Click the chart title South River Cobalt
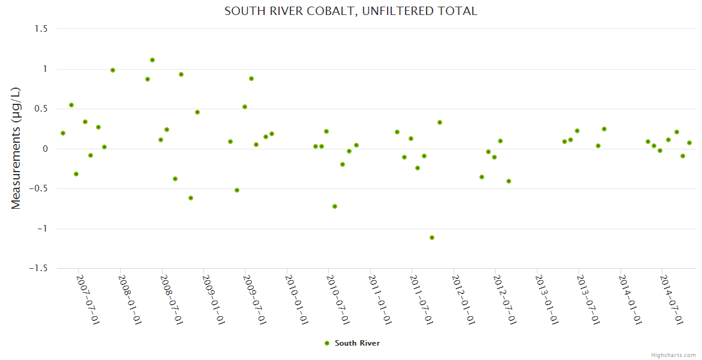pos(350,11)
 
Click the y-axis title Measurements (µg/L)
pos(16,148)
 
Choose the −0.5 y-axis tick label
pos(40,189)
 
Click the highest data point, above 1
pos(152,60)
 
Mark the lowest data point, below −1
pos(432,238)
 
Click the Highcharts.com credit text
pos(673,355)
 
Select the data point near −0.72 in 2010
pos(335,206)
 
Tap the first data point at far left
pos(63,133)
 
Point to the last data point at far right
pos(689,143)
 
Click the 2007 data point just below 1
pos(113,70)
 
